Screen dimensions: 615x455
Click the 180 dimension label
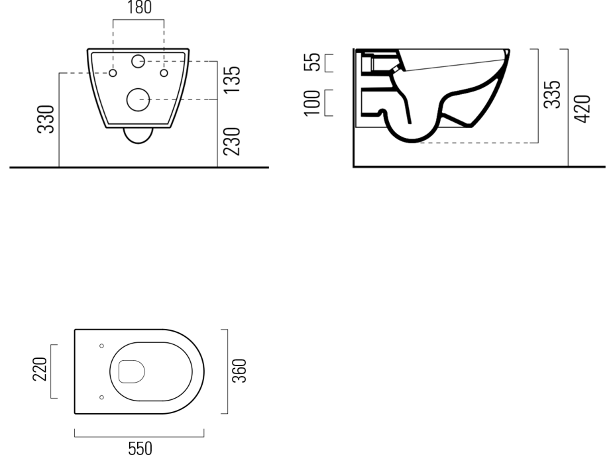pyautogui.click(x=140, y=7)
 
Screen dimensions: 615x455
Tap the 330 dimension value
pyautogui.click(x=46, y=119)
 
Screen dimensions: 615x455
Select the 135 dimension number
pyautogui.click(x=231, y=80)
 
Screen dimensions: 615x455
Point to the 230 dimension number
pyautogui.click(x=231, y=141)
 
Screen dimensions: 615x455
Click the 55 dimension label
pyautogui.click(x=312, y=62)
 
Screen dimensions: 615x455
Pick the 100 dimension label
pyautogui.click(x=312, y=103)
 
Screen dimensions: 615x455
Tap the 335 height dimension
pyautogui.click(x=552, y=94)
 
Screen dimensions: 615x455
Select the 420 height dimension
pyautogui.click(x=582, y=109)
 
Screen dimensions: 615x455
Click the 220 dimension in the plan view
pyautogui.click(x=40, y=369)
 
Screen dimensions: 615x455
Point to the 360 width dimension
pyautogui.click(x=239, y=371)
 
